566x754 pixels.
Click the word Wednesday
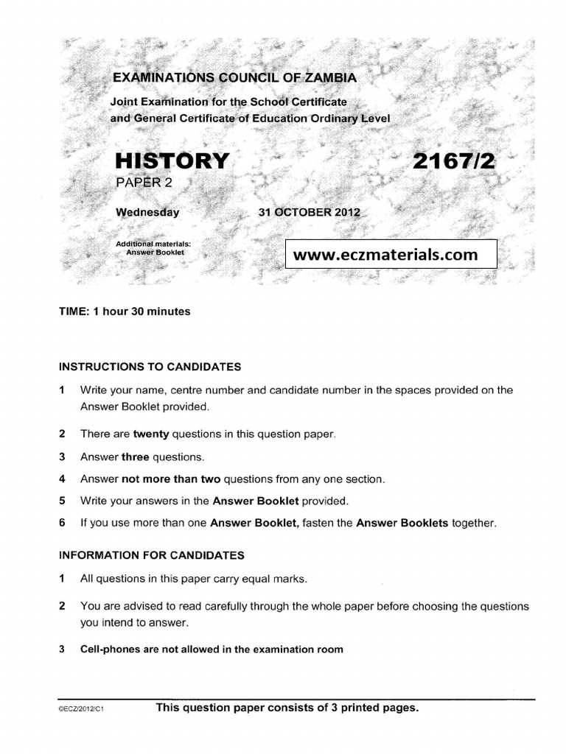[x=147, y=212]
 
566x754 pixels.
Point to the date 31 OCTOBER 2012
[x=309, y=212]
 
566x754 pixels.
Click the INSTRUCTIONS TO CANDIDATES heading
[x=150, y=366]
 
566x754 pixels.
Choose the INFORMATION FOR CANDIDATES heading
[x=152, y=555]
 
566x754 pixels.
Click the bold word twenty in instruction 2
[x=150, y=434]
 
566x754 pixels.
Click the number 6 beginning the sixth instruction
[x=63, y=524]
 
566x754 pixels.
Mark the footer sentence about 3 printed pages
[x=287, y=708]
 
